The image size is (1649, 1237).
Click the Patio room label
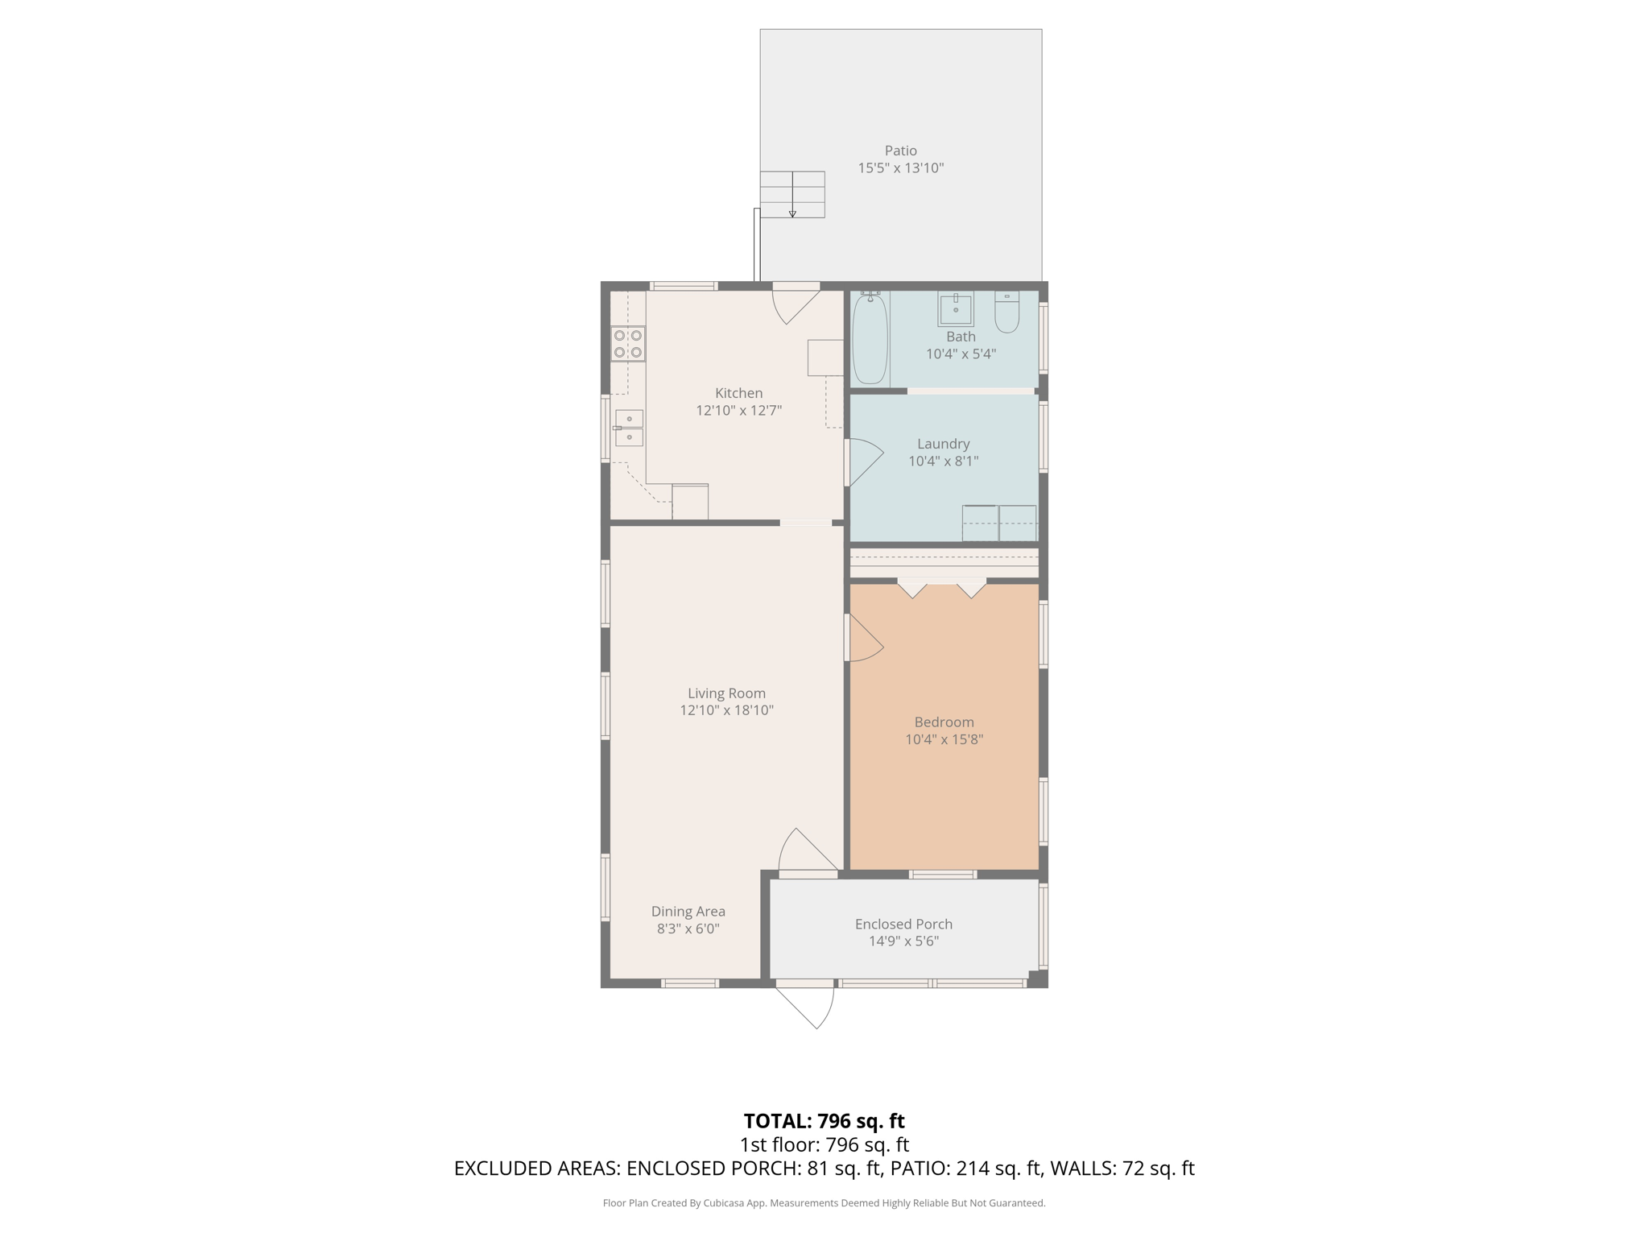point(900,151)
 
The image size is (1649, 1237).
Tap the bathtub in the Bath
point(870,339)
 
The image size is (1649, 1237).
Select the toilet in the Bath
point(1006,312)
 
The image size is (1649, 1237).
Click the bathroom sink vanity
point(956,309)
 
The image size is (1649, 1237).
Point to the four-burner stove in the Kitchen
point(628,343)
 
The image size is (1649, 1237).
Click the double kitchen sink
point(629,428)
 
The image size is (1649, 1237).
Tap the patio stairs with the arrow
point(793,194)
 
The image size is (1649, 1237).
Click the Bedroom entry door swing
point(864,639)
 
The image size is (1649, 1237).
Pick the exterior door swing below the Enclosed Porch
point(808,1007)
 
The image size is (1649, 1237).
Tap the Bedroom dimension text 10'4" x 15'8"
point(944,739)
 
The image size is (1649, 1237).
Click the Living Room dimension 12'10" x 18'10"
point(726,710)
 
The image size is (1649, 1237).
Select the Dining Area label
point(688,911)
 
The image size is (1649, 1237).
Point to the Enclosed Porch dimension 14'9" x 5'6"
point(903,941)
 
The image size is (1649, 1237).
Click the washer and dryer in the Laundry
point(999,523)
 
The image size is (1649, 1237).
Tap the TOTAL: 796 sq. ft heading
point(824,1121)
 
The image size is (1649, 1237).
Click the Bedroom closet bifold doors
point(942,588)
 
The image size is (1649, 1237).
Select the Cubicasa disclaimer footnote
point(824,1203)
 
